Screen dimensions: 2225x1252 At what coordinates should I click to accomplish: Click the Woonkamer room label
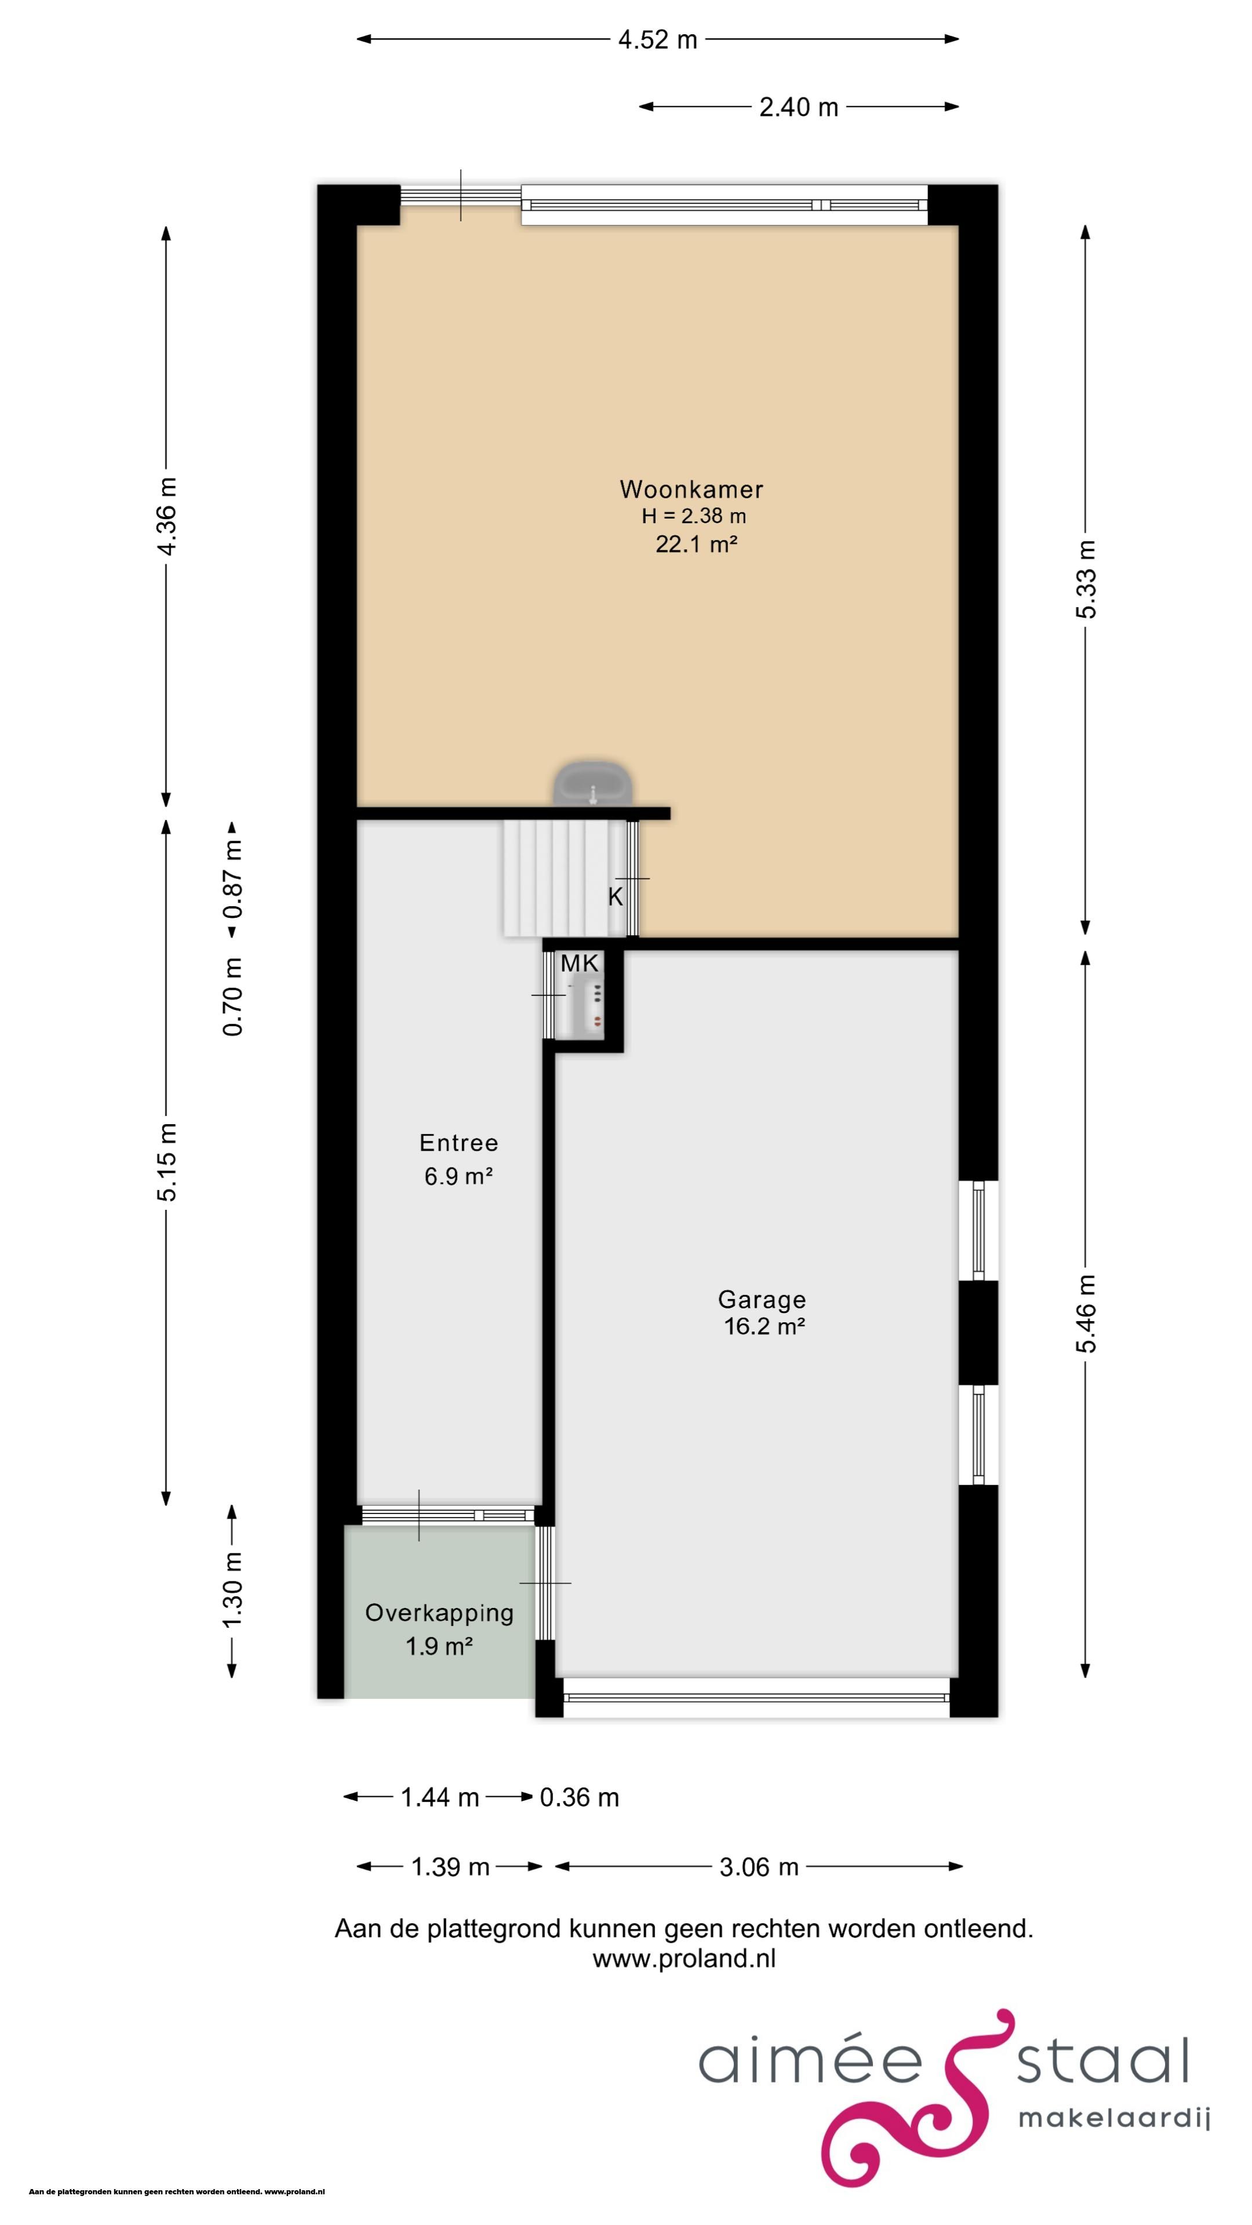tap(691, 490)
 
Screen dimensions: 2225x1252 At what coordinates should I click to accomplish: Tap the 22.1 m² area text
tap(696, 544)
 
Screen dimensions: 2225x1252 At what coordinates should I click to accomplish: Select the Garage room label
tap(761, 1299)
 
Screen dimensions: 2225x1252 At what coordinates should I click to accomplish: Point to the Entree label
tap(459, 1143)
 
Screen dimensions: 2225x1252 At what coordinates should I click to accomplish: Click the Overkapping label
tap(439, 1613)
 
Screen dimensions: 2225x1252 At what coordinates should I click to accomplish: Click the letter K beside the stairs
tap(615, 896)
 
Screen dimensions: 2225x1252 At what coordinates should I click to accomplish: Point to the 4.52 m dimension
tap(657, 40)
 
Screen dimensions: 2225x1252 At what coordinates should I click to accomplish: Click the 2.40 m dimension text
tap(798, 107)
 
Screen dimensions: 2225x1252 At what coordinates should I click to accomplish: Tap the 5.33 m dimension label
tap(1086, 579)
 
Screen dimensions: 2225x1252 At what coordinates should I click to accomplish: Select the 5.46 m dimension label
tap(1086, 1313)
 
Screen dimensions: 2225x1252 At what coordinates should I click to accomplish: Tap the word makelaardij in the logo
tap(1113, 2119)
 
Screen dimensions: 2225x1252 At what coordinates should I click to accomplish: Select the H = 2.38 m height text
tap(694, 516)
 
